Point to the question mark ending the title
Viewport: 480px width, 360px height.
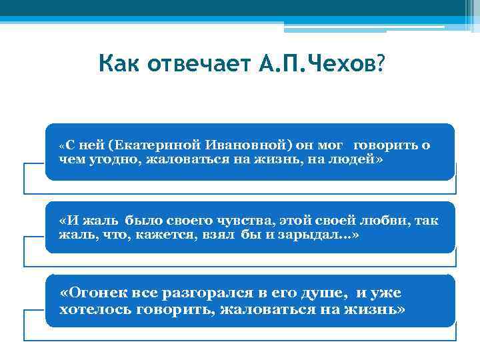click(x=380, y=65)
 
